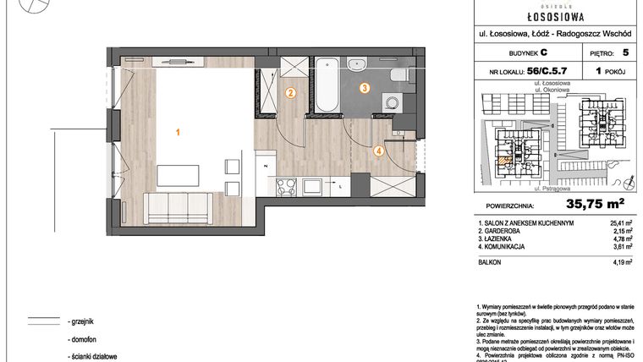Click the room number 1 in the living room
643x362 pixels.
pos(178,132)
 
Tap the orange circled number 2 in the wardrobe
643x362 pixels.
pos(290,94)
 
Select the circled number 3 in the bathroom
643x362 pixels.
pos(364,87)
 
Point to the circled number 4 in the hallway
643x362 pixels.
pos(379,151)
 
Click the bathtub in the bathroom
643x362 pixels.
pos(327,85)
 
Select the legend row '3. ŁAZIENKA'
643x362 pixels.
pos(504,239)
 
